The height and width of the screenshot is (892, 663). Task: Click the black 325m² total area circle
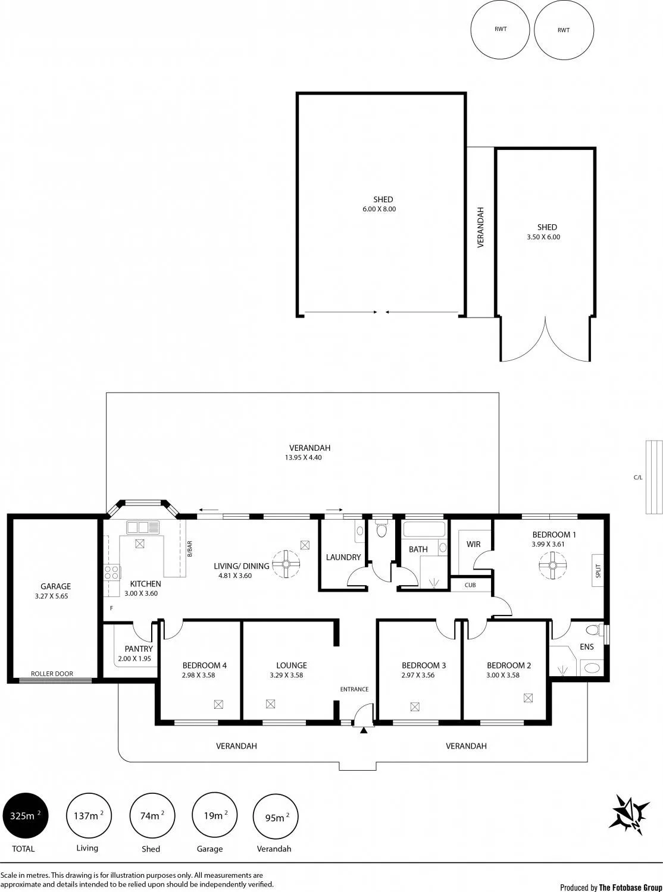pyautogui.click(x=26, y=816)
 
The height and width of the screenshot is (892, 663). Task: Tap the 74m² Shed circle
pyautogui.click(x=152, y=816)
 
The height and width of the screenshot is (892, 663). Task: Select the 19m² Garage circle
pyautogui.click(x=215, y=815)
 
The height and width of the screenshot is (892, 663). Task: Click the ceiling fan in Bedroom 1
pyautogui.click(x=552, y=565)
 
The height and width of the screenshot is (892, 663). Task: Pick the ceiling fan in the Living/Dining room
pyautogui.click(x=286, y=564)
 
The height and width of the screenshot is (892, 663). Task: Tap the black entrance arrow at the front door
pyautogui.click(x=364, y=730)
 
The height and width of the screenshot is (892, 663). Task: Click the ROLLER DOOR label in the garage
pyautogui.click(x=52, y=674)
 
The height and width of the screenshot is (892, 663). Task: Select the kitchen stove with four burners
pyautogui.click(x=112, y=573)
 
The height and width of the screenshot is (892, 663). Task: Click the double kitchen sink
pyautogui.click(x=143, y=527)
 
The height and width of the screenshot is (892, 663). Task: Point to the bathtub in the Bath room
pyautogui.click(x=425, y=529)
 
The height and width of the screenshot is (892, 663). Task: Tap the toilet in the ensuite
pyautogui.click(x=595, y=629)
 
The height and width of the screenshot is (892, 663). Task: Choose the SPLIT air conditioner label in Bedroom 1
pyautogui.click(x=598, y=571)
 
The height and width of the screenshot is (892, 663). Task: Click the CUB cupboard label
pyautogui.click(x=470, y=585)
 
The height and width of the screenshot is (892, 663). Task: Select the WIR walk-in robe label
pyautogui.click(x=473, y=544)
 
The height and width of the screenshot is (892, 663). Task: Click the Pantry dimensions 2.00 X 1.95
pyautogui.click(x=135, y=659)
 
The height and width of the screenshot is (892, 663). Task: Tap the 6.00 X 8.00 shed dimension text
pyautogui.click(x=379, y=209)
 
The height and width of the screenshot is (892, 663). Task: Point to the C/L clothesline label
pyautogui.click(x=638, y=478)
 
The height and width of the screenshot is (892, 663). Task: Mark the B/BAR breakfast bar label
pyautogui.click(x=190, y=548)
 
